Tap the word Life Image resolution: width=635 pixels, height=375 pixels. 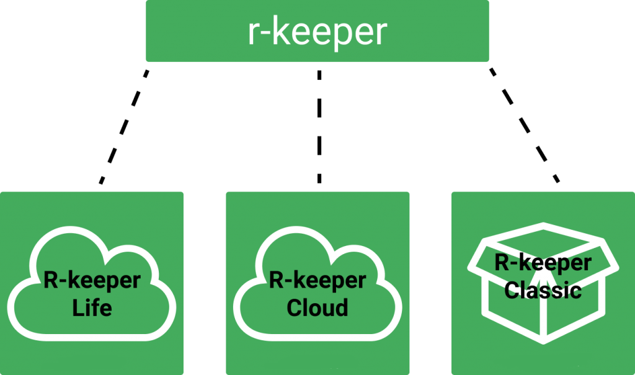coord(92,307)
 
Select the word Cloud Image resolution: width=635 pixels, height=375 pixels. coord(317,307)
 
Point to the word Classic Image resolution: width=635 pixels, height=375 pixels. coord(543,290)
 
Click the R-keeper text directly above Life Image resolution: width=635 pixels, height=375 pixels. coord(92,281)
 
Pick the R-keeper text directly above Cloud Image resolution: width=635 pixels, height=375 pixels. coord(317,281)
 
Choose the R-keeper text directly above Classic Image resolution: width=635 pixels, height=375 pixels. coord(543,263)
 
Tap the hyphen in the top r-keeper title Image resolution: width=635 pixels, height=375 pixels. coord(267,34)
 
